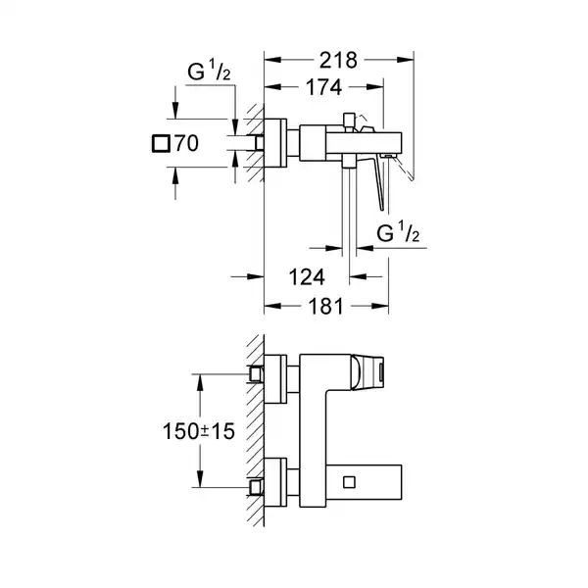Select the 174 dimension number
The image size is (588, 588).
pyautogui.click(x=322, y=87)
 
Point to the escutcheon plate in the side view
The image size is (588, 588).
pyautogui.click(x=277, y=144)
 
